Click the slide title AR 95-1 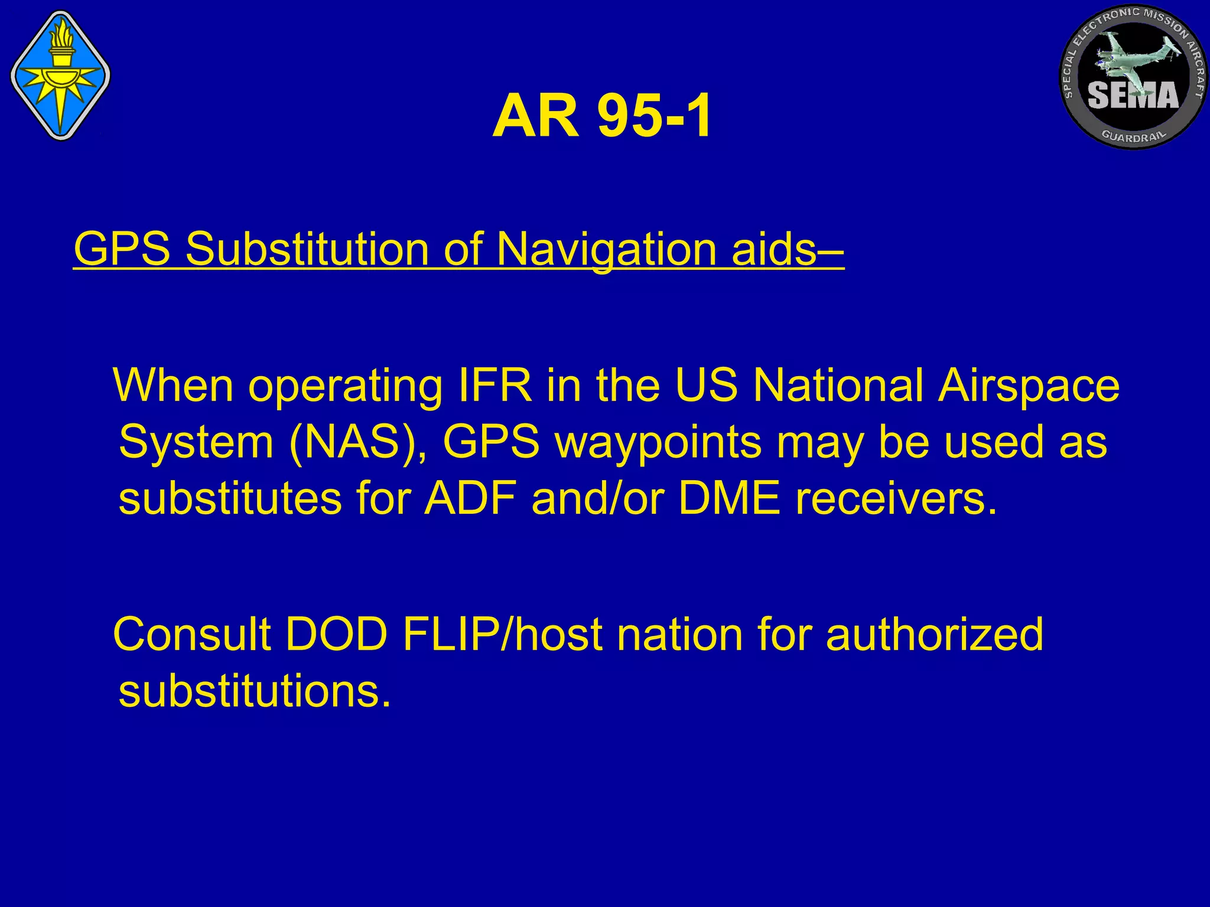pyautogui.click(x=602, y=117)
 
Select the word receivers pyautogui.click(x=895, y=499)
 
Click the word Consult pyautogui.click(x=193, y=634)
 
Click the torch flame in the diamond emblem pyautogui.click(x=60, y=35)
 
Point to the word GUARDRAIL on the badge pyautogui.click(x=1134, y=136)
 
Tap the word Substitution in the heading pyautogui.click(x=307, y=249)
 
